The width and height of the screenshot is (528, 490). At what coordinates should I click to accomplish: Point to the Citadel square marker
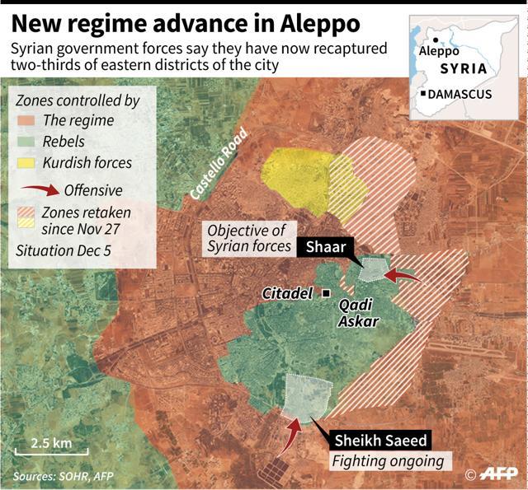[327, 293]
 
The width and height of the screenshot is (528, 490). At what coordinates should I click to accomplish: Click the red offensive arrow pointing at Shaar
[403, 275]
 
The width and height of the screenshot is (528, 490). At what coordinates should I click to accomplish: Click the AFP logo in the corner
[494, 474]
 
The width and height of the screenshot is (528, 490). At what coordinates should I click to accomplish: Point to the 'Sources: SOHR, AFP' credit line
[64, 477]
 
